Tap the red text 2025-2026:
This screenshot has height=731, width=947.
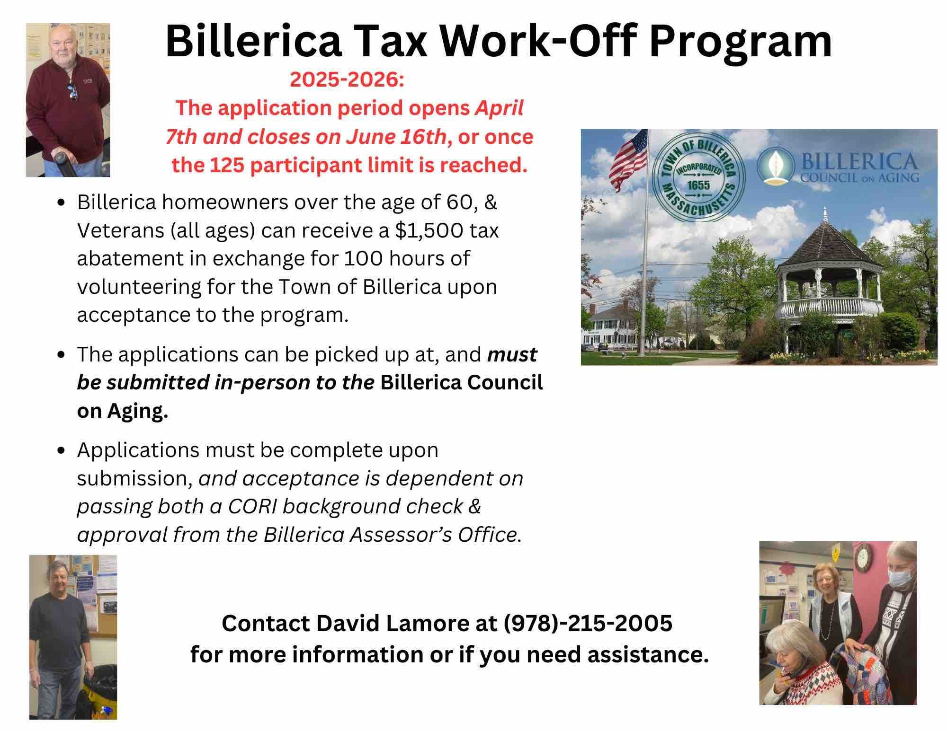click(347, 80)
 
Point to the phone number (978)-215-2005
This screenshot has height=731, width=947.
click(588, 623)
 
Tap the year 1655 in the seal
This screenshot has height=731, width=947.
click(698, 185)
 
